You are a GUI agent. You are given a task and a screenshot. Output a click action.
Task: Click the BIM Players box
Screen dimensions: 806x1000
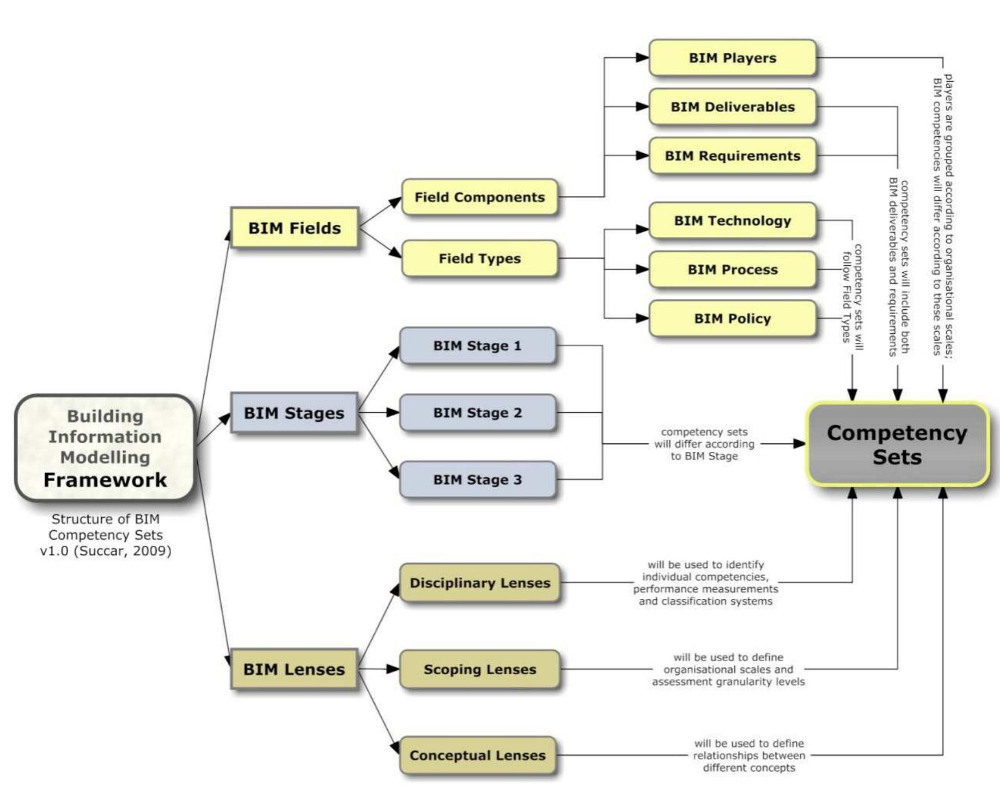pos(732,58)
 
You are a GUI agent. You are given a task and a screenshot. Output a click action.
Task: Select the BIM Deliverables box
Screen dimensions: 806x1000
pos(732,107)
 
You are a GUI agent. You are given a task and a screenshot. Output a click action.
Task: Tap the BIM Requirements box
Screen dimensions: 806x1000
pos(732,156)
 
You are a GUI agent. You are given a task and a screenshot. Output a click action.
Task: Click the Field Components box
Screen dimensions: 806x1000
pos(479,197)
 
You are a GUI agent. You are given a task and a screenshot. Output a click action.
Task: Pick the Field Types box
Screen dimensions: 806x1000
pos(479,258)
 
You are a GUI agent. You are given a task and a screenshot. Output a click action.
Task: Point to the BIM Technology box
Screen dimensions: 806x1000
pos(732,221)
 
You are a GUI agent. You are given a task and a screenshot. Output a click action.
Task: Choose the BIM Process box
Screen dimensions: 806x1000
pos(732,270)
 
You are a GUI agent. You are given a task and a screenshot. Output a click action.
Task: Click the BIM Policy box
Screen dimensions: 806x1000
pos(732,319)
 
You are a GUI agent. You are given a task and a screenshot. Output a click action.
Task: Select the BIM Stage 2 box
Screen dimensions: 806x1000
pos(477,413)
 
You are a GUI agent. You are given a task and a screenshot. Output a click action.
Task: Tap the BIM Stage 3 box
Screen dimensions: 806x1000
pos(477,480)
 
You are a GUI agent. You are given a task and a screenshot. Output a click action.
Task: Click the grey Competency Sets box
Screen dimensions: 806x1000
pos(897,444)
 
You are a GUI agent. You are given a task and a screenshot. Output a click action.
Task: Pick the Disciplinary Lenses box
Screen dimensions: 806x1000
pos(479,583)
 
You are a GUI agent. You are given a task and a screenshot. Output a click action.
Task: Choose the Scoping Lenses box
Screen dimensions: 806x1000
pos(479,669)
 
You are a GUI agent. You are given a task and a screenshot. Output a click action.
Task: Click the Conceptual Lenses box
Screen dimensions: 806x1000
pos(477,755)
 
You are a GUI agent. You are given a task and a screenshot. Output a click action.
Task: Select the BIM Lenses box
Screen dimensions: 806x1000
pos(294,669)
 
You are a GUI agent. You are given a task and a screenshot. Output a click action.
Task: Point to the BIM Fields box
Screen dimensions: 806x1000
pos(294,228)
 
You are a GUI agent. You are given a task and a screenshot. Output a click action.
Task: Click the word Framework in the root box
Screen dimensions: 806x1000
pos(105,480)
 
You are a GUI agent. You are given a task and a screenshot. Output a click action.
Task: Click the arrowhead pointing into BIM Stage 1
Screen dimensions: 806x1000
pos(395,352)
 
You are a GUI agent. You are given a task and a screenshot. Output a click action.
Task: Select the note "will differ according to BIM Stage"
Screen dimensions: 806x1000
pos(704,444)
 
